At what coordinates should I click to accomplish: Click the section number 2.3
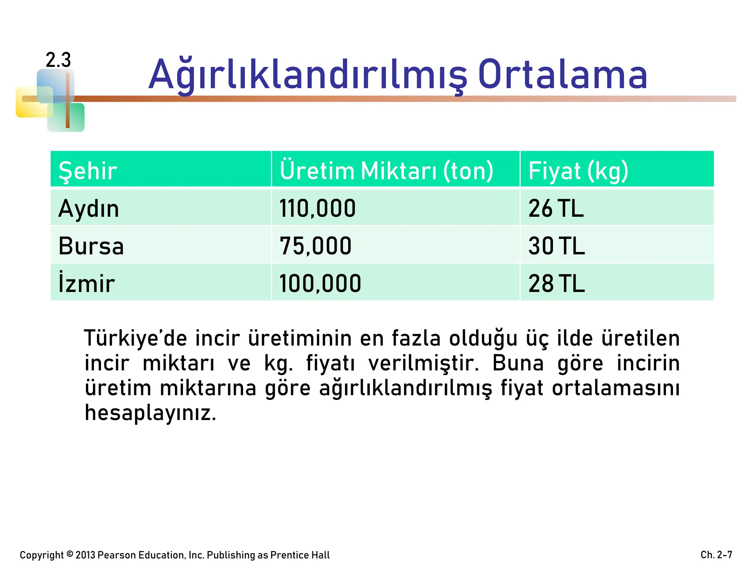[x=58, y=60]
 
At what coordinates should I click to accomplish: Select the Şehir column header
[x=88, y=171]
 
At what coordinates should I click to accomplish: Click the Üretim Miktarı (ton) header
[x=386, y=171]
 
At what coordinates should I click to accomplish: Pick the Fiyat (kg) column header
[x=578, y=171]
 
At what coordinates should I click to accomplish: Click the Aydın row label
[x=88, y=209]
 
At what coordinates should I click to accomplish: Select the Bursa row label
[x=91, y=246]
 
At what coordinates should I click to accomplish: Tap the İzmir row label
[x=87, y=283]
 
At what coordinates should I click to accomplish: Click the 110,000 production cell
[x=318, y=209]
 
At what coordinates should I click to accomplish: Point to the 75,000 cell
[x=315, y=246]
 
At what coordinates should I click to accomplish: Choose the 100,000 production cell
[x=320, y=283]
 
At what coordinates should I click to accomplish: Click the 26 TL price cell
[x=556, y=209]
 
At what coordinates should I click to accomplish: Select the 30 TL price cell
[x=557, y=246]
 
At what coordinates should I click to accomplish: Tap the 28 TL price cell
[x=557, y=283]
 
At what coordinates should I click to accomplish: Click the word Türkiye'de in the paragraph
[x=135, y=338]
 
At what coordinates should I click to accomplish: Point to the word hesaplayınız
[x=151, y=413]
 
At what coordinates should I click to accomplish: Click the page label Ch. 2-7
[x=716, y=554]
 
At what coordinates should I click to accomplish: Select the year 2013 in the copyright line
[x=86, y=555]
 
